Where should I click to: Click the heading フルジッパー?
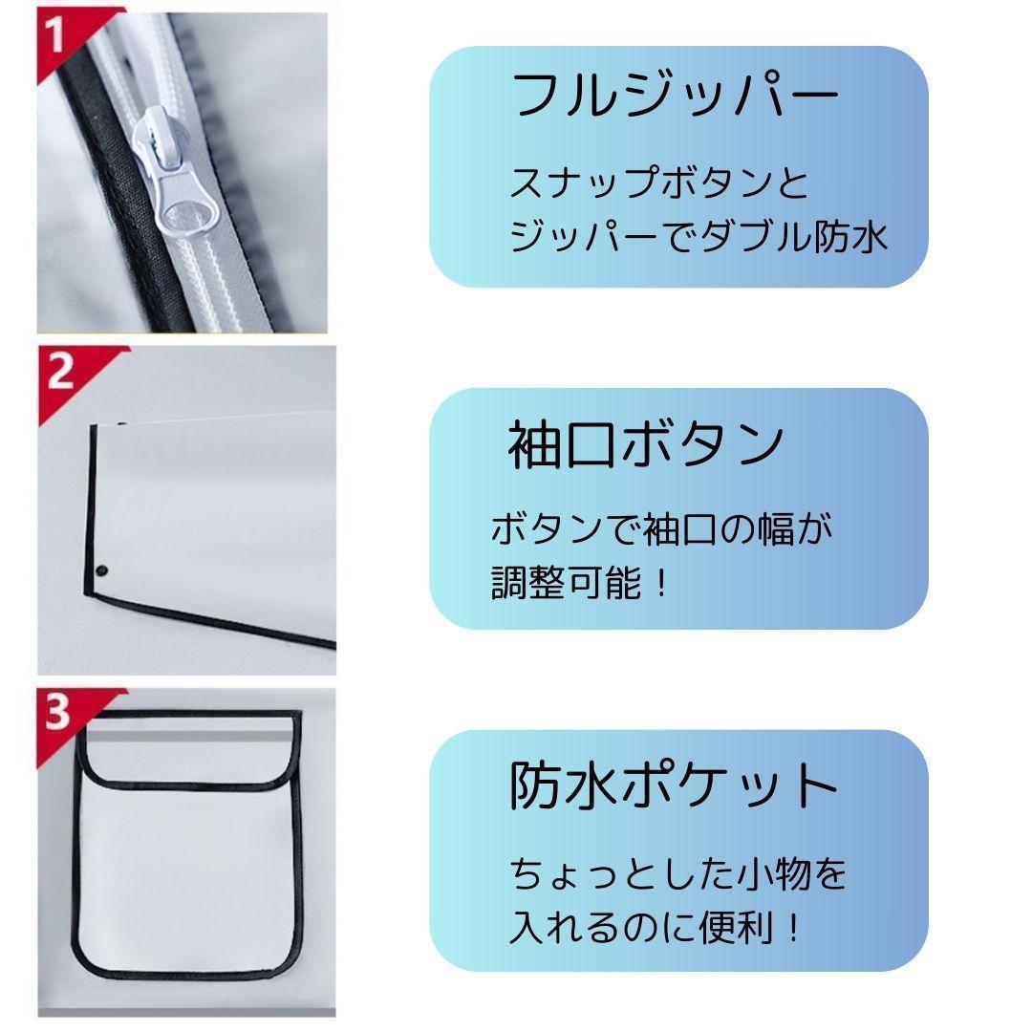tap(674, 97)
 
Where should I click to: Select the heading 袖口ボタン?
tap(646, 445)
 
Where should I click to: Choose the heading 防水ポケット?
tap(674, 786)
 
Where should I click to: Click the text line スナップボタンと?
tap(658, 183)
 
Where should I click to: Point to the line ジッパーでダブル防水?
tap(699, 236)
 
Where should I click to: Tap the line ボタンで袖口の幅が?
tap(661, 528)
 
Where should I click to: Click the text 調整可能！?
tap(579, 583)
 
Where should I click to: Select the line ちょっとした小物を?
tap(677, 873)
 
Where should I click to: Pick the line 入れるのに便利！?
tap(656, 927)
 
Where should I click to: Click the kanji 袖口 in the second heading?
tap(562, 445)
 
